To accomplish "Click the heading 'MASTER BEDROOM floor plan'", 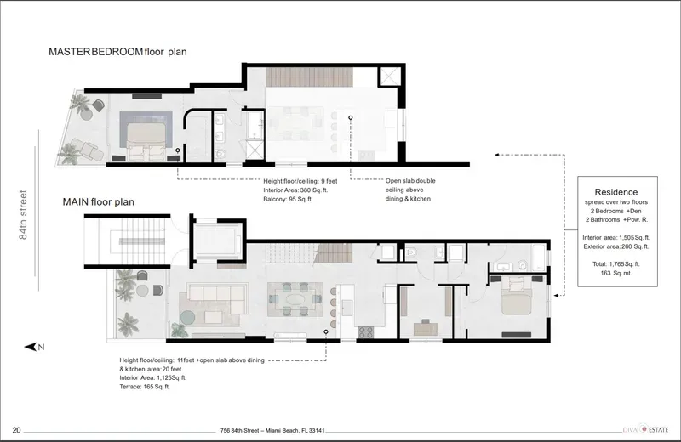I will [117, 52].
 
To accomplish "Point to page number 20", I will [17, 430].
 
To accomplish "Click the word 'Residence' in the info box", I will [615, 192].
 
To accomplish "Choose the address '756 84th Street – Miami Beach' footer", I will [272, 431].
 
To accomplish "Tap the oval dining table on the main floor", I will [295, 299].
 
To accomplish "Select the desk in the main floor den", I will [425, 327].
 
